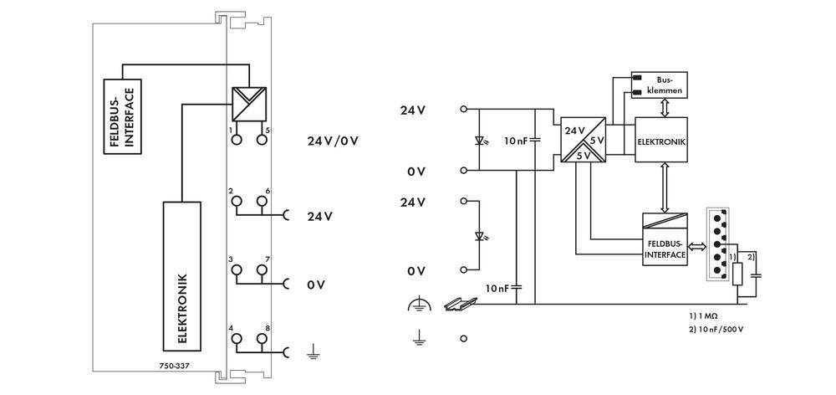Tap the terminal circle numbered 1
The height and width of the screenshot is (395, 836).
(x=237, y=141)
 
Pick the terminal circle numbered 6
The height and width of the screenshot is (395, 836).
(x=263, y=202)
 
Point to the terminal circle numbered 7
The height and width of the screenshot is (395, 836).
(x=263, y=270)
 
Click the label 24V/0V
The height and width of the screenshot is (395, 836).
(x=333, y=140)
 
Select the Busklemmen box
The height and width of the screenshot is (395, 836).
(x=660, y=84)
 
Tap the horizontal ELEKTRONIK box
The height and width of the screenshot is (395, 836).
(x=661, y=141)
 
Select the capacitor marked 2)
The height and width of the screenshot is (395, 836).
(x=757, y=273)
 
